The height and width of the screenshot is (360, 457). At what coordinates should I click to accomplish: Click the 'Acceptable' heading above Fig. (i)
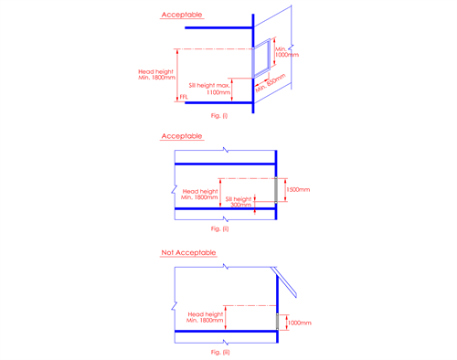pos(182,16)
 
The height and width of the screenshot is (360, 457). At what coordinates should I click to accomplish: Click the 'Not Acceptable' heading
pos(186,251)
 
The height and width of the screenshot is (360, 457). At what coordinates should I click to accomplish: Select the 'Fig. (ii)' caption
pos(219,228)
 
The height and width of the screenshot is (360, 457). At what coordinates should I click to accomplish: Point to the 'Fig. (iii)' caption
pos(219,352)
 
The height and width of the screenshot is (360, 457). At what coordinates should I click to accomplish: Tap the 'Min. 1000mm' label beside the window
pos(287,51)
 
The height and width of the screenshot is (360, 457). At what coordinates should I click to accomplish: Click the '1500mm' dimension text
pos(298,190)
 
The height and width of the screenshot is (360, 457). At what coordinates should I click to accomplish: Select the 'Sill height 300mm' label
pos(240,201)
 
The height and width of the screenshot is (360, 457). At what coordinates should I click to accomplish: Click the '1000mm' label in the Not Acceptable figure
pos(299,323)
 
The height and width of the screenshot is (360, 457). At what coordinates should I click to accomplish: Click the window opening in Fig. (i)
pos(262,57)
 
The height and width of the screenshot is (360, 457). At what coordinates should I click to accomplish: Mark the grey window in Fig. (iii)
pos(277,322)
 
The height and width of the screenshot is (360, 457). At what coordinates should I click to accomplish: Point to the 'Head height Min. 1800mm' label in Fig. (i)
pos(154,75)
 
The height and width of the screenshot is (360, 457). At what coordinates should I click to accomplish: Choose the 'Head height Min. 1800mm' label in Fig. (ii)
pos(199,194)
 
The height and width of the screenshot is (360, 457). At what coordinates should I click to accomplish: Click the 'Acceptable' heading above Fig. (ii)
pos(182,136)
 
